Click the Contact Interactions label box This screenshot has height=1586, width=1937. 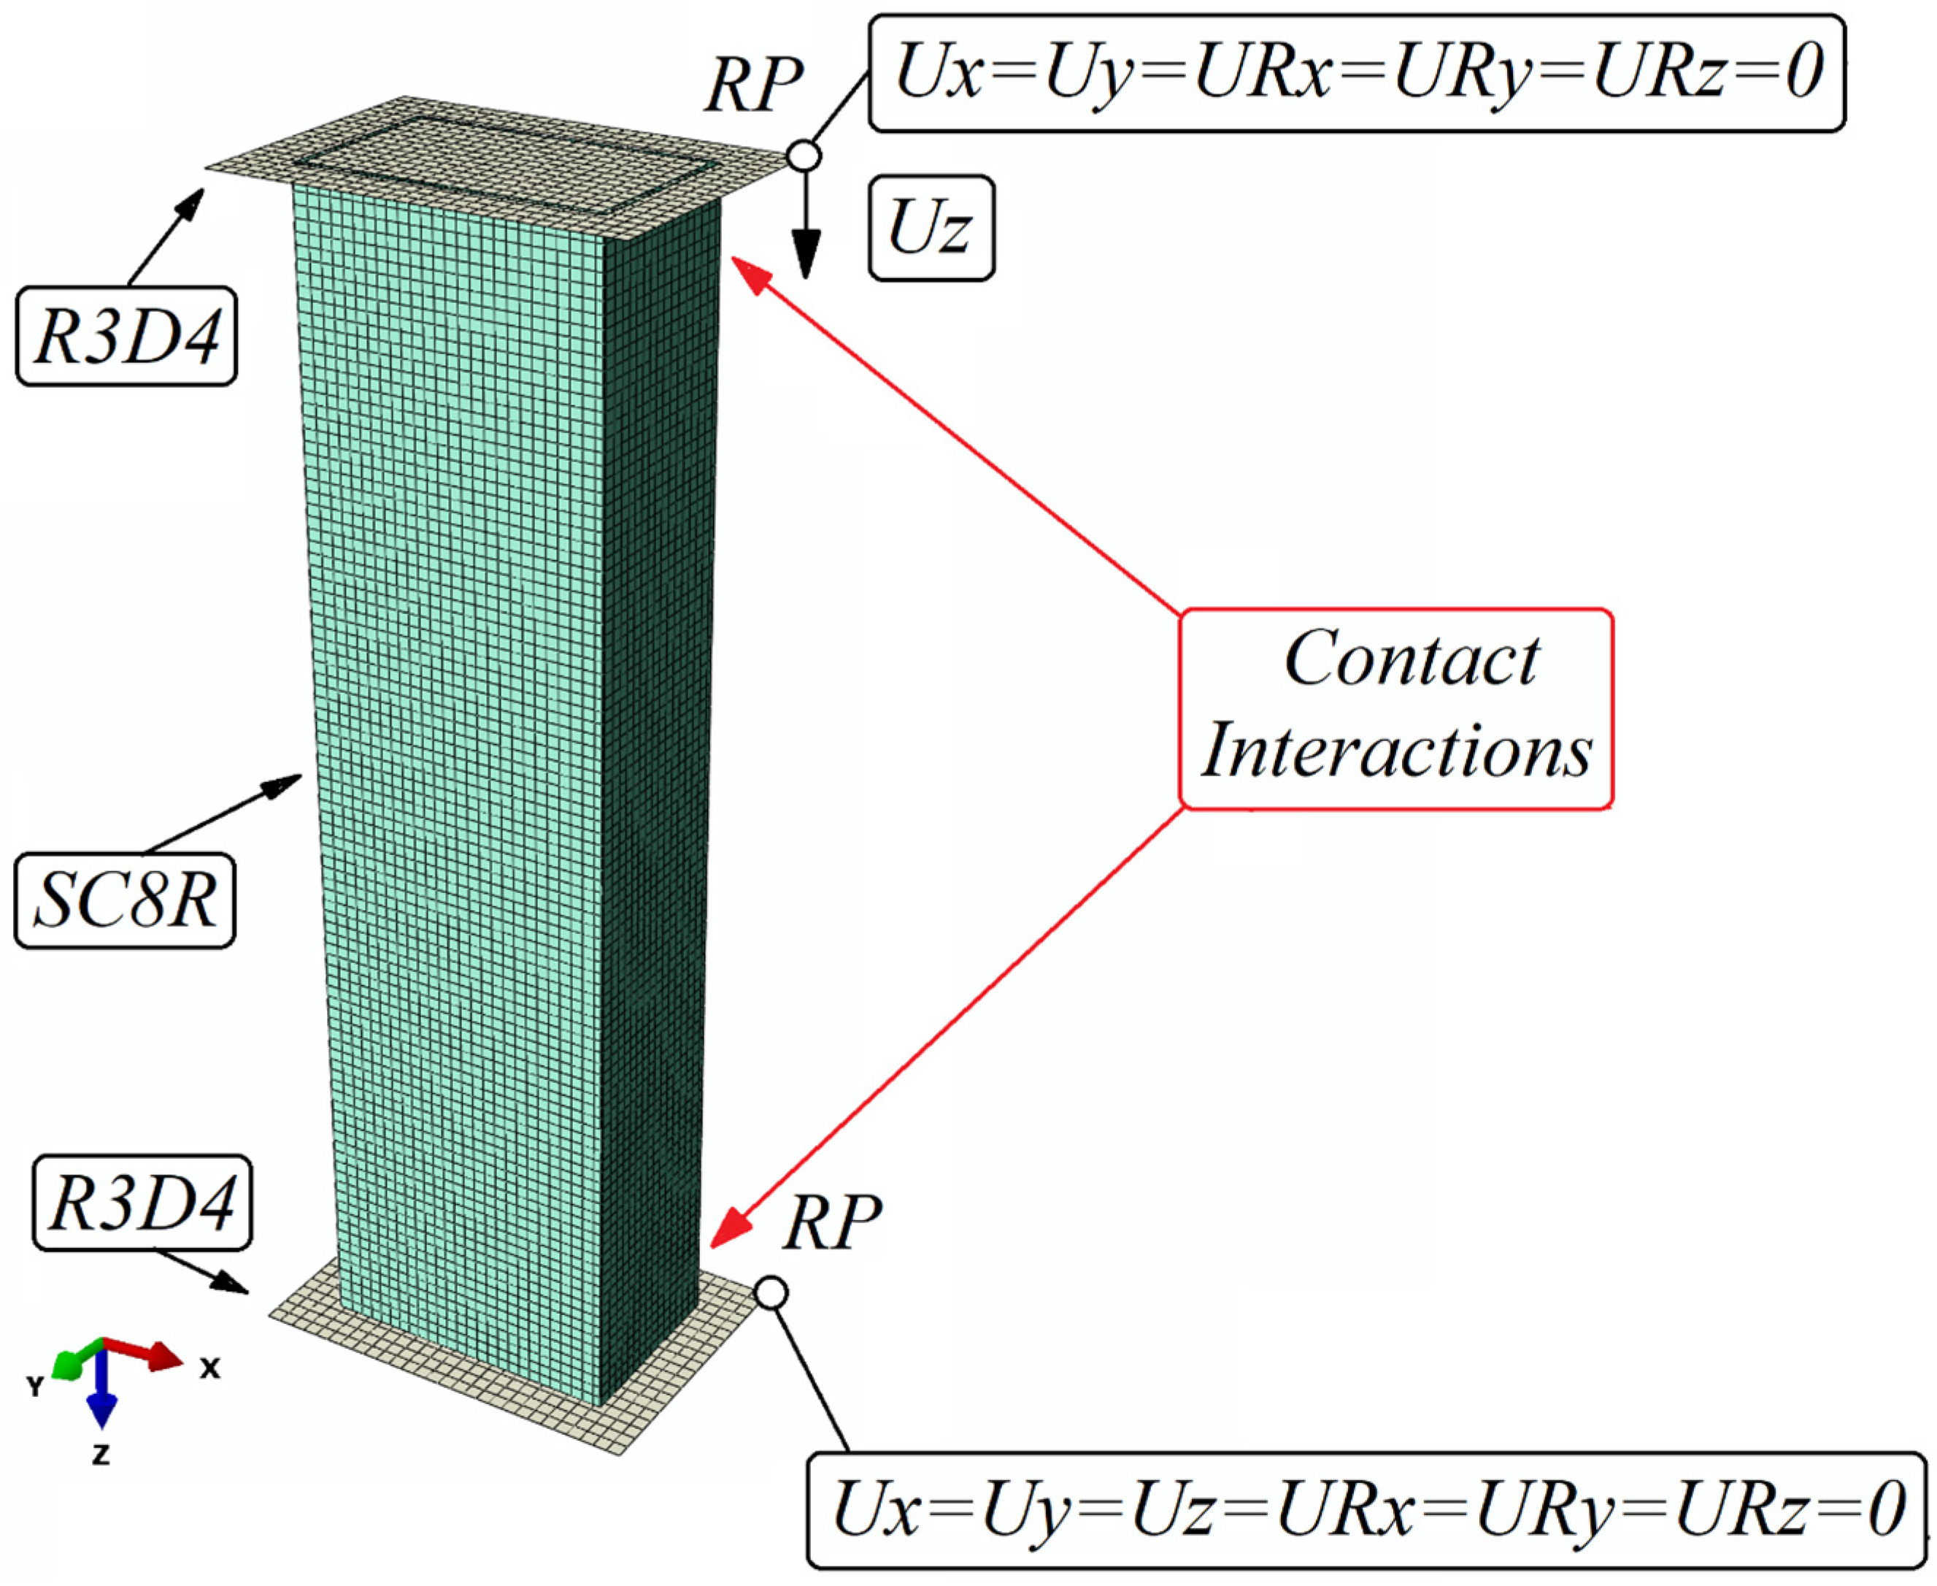click(x=1395, y=708)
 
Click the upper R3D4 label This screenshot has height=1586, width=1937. click(x=127, y=336)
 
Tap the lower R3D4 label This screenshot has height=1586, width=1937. click(x=142, y=1203)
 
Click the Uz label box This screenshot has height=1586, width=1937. click(x=931, y=229)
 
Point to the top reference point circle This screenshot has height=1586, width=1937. click(x=804, y=156)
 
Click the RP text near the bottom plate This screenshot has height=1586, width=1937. click(x=832, y=1222)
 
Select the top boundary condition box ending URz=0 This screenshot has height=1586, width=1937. click(x=1357, y=72)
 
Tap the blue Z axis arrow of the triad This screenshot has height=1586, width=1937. click(x=101, y=1408)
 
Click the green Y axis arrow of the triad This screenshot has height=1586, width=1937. click(x=68, y=1365)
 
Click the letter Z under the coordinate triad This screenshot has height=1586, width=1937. click(x=101, y=1455)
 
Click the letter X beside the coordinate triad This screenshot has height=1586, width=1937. click(x=210, y=1368)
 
